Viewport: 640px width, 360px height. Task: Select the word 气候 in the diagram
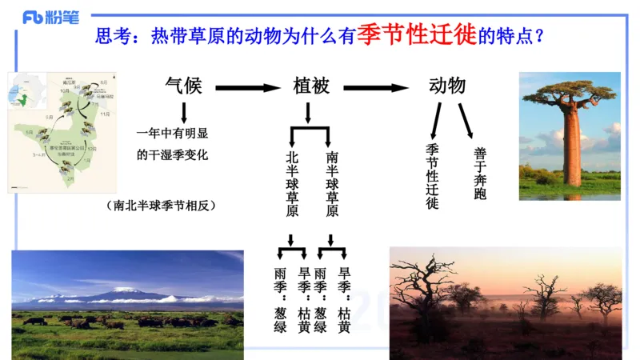(x=183, y=86)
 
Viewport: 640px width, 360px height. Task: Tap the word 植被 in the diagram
(x=311, y=86)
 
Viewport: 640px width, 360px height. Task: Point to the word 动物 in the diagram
(x=447, y=86)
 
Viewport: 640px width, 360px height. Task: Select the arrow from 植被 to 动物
(x=377, y=87)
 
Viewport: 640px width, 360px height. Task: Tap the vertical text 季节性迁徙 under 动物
(x=432, y=176)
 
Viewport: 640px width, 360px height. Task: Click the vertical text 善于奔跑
(x=479, y=171)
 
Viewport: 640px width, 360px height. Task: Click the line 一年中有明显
(x=171, y=134)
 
